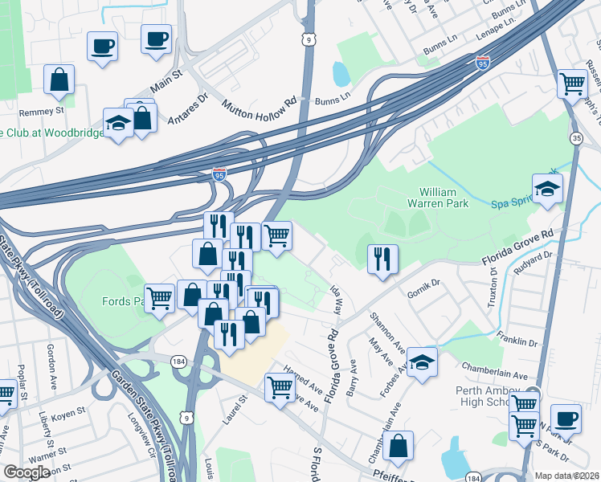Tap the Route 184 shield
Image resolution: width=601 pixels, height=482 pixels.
click(x=178, y=363)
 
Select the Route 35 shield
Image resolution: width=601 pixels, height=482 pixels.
click(x=576, y=139)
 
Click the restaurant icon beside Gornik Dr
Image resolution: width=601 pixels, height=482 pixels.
click(x=382, y=259)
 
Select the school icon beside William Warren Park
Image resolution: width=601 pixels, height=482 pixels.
click(x=548, y=190)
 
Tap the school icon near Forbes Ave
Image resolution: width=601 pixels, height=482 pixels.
click(x=422, y=362)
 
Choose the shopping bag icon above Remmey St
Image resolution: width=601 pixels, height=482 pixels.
click(x=59, y=80)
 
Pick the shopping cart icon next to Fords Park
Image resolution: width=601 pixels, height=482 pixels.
click(x=159, y=298)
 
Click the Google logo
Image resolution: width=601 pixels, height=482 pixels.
click(x=27, y=472)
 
